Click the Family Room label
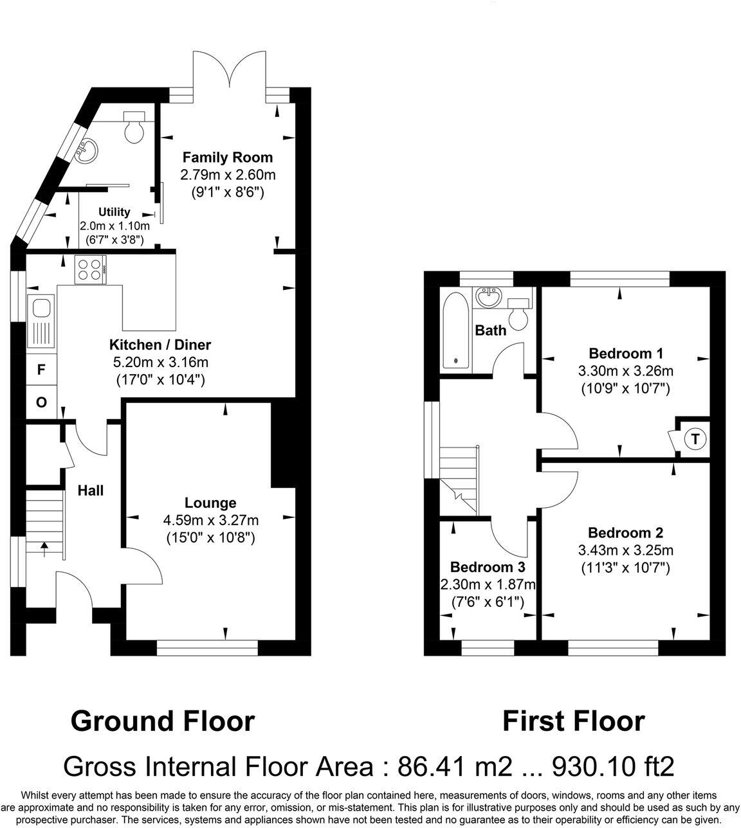pyautogui.click(x=227, y=157)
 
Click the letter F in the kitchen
pyautogui.click(x=41, y=370)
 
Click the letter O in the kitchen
pyautogui.click(x=41, y=403)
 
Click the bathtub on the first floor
pyautogui.click(x=456, y=332)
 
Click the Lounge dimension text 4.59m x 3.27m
pyautogui.click(x=210, y=520)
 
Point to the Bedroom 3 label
pyautogui.click(x=488, y=567)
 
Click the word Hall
pyautogui.click(x=91, y=491)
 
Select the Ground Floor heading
pyautogui.click(x=163, y=721)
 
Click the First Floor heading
pyautogui.click(x=573, y=721)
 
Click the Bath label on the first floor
pyautogui.click(x=490, y=330)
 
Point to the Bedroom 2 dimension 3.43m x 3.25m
pyautogui.click(x=625, y=550)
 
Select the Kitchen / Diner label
pyautogui.click(x=160, y=345)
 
